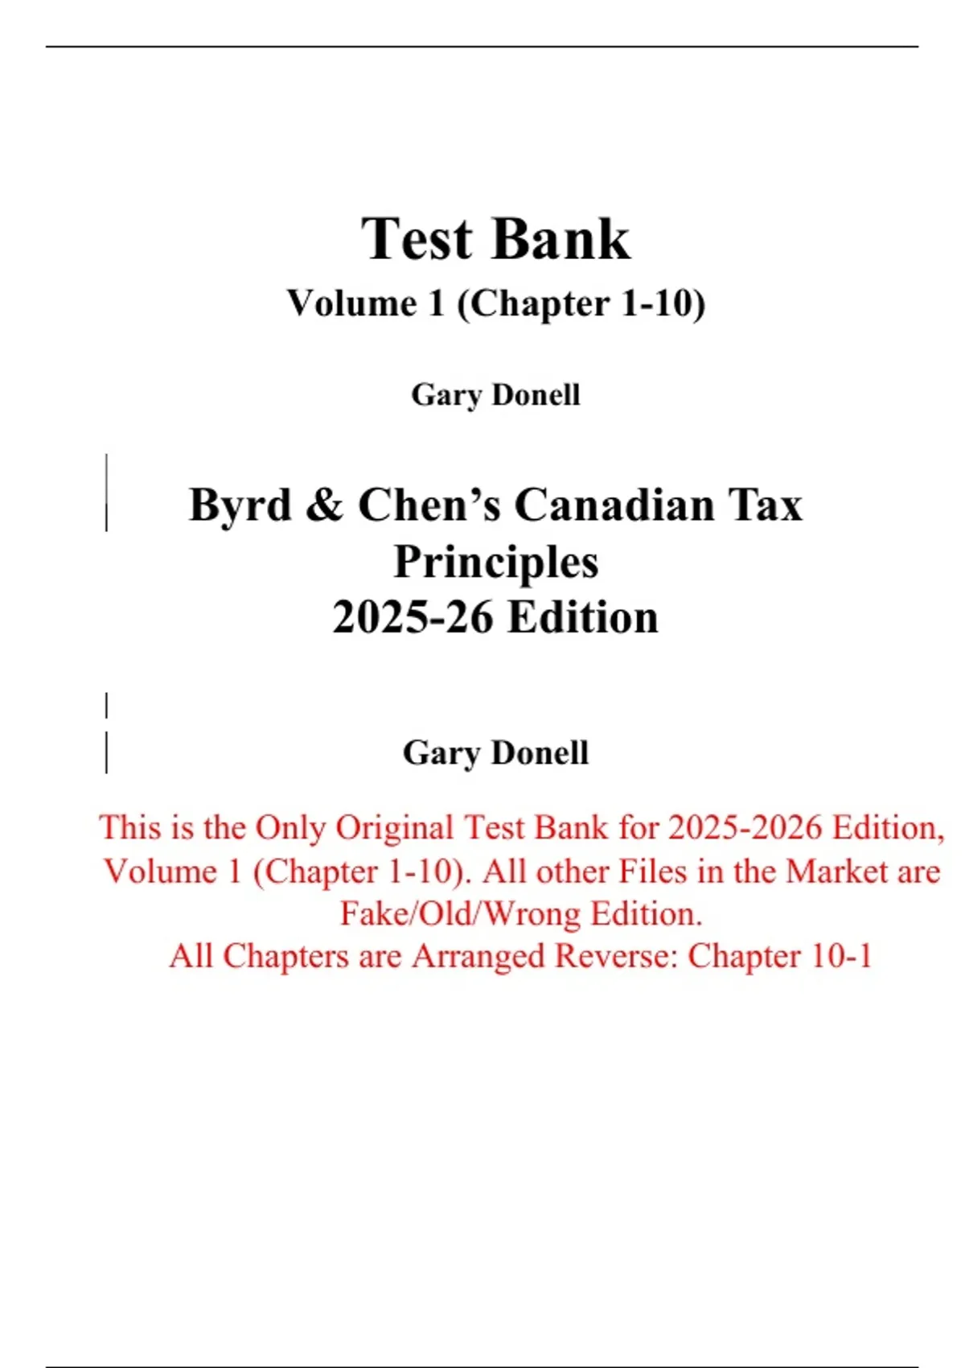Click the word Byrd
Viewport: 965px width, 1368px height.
tap(240, 506)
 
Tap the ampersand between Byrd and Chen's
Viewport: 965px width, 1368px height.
tap(325, 506)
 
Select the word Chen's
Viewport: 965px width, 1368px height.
tap(427, 506)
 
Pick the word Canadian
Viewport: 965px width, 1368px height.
tap(614, 506)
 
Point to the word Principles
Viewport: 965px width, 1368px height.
tap(496, 562)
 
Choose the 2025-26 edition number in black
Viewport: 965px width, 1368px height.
tap(413, 618)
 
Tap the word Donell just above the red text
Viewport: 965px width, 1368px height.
tap(540, 753)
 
